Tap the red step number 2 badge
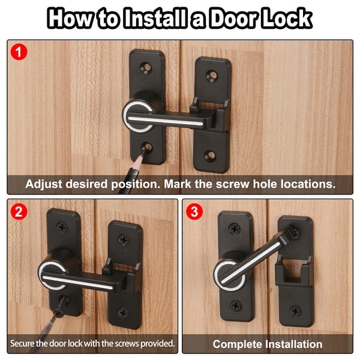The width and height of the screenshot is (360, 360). (x=19, y=212)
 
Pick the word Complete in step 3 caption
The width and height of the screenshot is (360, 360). (x=239, y=344)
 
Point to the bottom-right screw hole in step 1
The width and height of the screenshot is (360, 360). (x=210, y=155)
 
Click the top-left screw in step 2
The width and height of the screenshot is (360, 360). (x=62, y=227)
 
